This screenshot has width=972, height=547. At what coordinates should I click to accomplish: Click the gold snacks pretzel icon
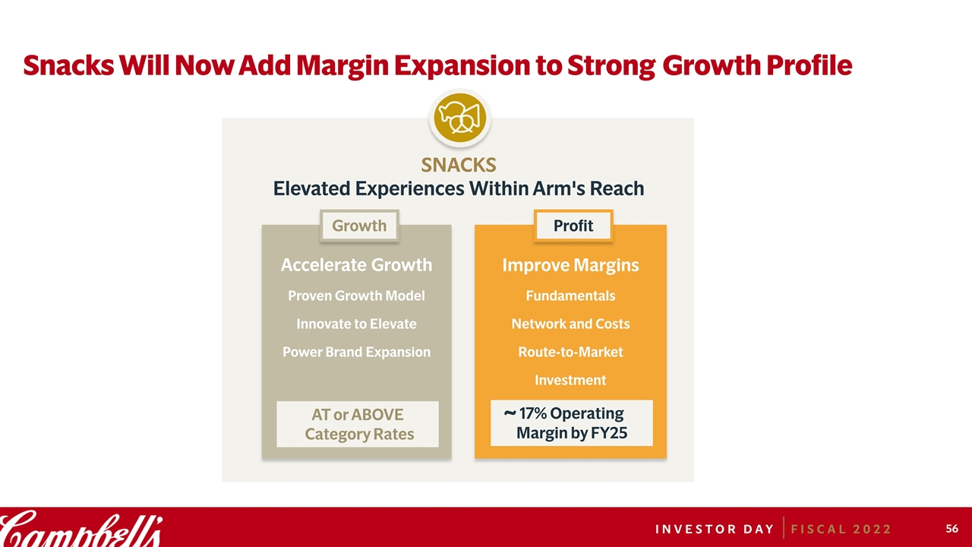(460, 118)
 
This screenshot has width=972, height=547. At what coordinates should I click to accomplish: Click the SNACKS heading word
(459, 165)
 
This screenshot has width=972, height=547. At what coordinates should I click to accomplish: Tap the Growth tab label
(359, 226)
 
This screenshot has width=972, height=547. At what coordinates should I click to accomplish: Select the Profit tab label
(573, 226)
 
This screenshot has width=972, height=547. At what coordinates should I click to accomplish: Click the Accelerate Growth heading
(356, 265)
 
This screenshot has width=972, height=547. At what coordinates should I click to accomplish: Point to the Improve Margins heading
(570, 265)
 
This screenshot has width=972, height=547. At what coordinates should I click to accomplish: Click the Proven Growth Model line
(356, 296)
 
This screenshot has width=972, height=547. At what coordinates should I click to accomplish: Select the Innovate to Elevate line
(356, 324)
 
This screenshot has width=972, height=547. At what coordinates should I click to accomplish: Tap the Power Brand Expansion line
(356, 352)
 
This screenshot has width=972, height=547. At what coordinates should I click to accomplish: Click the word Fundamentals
(570, 296)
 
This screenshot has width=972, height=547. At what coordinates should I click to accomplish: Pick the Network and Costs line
(570, 324)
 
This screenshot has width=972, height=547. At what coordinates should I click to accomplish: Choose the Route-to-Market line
(570, 352)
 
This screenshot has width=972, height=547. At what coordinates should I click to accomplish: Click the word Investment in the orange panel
(570, 381)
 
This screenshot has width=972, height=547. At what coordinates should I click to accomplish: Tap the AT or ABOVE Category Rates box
(358, 424)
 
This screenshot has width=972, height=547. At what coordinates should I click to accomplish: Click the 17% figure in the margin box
(533, 413)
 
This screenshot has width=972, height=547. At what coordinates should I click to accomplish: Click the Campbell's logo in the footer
(81, 529)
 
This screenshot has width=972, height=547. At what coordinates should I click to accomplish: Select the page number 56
(951, 528)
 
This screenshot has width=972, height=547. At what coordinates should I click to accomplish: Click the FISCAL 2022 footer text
(841, 530)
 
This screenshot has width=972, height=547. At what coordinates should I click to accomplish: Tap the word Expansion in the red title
(462, 66)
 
